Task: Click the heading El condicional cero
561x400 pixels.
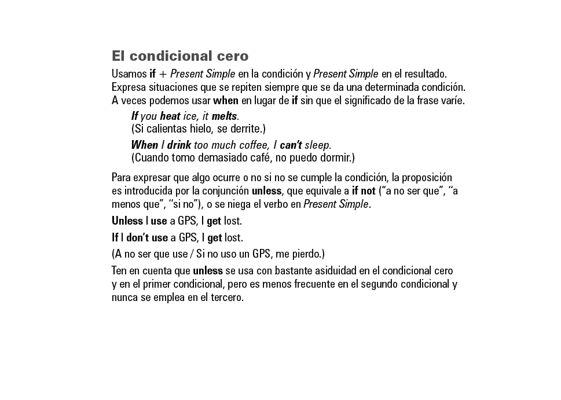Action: (x=180, y=57)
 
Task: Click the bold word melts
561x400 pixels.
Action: (x=224, y=116)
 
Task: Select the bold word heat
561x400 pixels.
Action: (x=170, y=116)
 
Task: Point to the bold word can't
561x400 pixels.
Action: (x=291, y=145)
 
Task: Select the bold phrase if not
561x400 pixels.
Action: (x=364, y=192)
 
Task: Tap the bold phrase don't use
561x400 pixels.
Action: (x=147, y=238)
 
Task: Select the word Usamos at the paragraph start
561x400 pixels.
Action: (x=129, y=75)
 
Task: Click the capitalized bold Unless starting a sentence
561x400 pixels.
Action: (x=127, y=221)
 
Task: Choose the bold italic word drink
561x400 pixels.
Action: (x=179, y=145)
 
